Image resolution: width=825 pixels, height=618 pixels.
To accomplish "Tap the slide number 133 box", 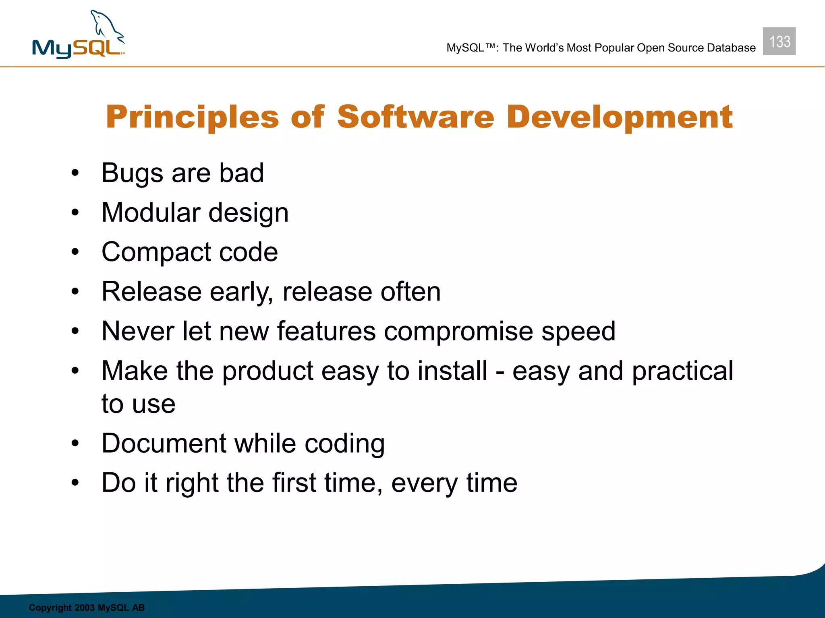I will click(x=779, y=41).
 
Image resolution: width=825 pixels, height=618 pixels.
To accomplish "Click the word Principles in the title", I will click(x=192, y=117).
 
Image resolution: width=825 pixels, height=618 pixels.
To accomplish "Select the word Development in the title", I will click(x=620, y=117).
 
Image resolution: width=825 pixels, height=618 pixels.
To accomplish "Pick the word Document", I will click(x=164, y=443).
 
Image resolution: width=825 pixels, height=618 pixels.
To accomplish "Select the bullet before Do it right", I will click(x=75, y=482).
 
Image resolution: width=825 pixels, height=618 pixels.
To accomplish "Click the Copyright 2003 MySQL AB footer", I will click(x=87, y=608).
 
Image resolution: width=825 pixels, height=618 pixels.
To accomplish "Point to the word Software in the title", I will click(x=415, y=117).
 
